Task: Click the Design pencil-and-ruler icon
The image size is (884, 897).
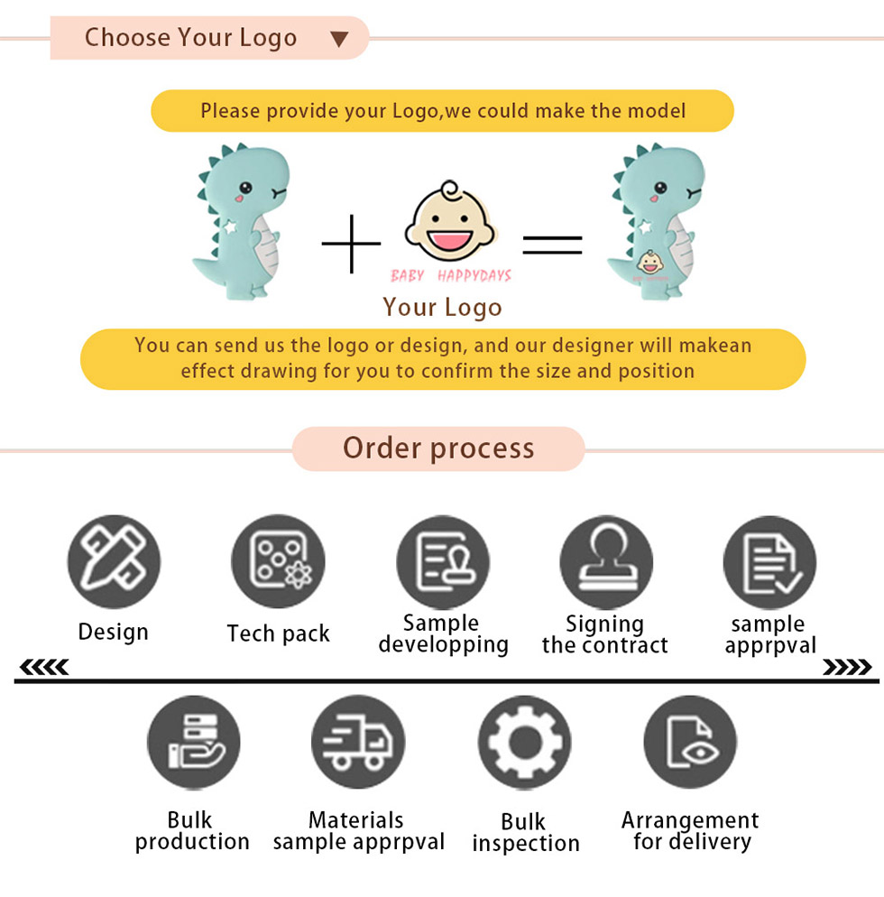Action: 114,561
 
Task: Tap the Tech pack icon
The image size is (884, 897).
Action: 279,561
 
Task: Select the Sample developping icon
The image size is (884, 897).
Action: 443,562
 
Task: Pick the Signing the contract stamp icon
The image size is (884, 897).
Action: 607,562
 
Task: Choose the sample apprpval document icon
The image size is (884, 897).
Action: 770,562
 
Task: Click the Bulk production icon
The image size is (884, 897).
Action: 194,743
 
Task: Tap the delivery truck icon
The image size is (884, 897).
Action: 358,742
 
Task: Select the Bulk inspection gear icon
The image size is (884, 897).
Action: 525,743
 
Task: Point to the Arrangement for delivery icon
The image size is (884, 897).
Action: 690,743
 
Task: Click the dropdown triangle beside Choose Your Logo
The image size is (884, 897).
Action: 339,39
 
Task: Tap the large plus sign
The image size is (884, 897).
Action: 351,244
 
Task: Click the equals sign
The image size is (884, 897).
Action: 552,245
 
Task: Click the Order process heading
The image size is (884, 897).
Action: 438,448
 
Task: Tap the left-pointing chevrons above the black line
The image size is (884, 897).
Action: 44,667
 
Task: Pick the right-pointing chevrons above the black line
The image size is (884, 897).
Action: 847,667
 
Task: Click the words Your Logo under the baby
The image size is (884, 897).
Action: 442,307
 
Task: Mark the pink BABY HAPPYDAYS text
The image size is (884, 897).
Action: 451,276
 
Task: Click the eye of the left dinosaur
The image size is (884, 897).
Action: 246,187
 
